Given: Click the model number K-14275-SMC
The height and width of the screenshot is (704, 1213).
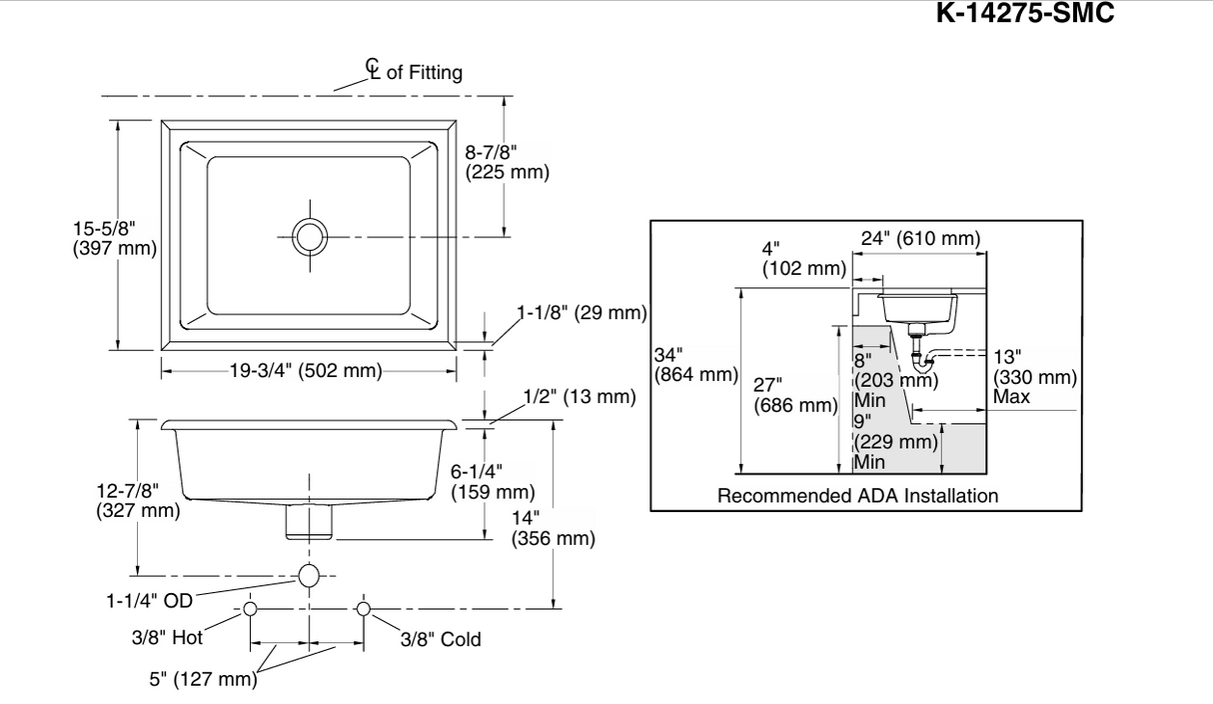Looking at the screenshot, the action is coord(1025,13).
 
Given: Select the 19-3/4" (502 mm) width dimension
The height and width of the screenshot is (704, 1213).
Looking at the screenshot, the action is coord(306,371).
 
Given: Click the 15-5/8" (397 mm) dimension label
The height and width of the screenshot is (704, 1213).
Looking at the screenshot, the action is coord(115,238).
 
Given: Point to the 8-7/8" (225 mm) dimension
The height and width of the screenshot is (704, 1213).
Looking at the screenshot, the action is coord(508,163).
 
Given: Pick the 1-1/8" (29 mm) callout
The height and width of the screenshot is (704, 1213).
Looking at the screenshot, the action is coord(583,313).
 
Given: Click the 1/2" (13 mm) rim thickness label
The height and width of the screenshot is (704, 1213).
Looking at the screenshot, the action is coord(580,397).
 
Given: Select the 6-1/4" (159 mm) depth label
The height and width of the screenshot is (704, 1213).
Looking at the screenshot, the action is coord(493,482).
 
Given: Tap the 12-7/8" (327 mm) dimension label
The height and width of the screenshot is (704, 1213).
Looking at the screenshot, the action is coord(138,501).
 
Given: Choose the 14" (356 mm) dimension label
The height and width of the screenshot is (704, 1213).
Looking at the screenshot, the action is coord(554,528).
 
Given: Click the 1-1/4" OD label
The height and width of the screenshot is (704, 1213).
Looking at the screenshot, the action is coord(150,601).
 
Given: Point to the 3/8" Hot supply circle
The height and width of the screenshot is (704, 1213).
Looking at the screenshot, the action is coord(250,609).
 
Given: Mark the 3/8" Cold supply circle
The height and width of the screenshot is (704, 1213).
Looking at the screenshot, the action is coord(364,609).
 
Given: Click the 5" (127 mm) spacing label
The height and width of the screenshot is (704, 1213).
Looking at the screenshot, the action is coord(203,679).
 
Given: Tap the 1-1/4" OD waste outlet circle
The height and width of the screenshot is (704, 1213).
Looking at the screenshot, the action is coord(309,576).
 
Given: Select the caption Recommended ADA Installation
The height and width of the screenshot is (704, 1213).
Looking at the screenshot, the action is coord(857,496).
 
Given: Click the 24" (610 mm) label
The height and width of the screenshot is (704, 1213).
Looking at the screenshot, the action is coord(920,238).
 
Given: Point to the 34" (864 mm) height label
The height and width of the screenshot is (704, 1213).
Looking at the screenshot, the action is coord(696,365).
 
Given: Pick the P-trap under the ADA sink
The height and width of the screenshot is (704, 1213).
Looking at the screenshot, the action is coord(921,359).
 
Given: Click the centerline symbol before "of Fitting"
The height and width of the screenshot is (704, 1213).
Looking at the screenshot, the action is coord(373,69).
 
